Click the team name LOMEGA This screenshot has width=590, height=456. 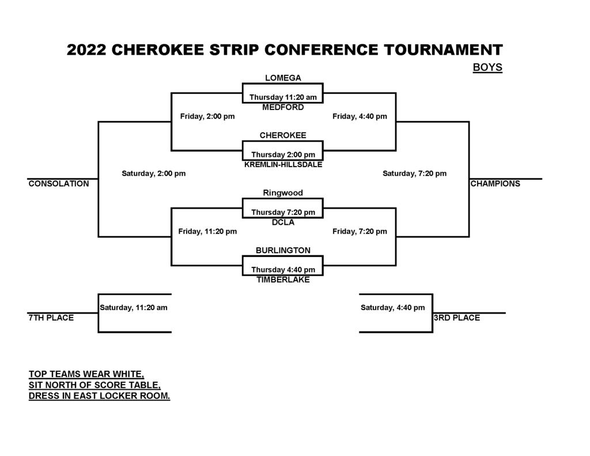click(x=283, y=78)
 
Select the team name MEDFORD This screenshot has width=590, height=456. click(x=283, y=107)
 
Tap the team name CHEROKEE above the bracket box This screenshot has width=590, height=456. click(x=283, y=135)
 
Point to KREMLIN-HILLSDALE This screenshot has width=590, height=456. click(x=283, y=164)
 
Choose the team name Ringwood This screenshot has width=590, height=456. click(x=283, y=193)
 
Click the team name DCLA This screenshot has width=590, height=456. click(x=283, y=222)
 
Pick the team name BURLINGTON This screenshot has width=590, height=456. click(x=283, y=250)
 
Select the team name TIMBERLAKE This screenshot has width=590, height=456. click(x=283, y=280)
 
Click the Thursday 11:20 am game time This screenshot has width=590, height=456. click(x=283, y=97)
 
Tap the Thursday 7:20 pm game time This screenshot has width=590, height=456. click(x=283, y=212)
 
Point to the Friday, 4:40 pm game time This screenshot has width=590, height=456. click(x=360, y=116)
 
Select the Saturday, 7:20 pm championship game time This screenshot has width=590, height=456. click(x=415, y=174)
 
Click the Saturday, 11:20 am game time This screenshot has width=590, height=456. click(x=134, y=308)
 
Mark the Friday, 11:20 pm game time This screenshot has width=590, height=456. click(x=207, y=231)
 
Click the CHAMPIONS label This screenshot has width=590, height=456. click(x=495, y=184)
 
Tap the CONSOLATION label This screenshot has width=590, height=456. click(x=59, y=184)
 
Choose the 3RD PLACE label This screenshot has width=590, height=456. click(x=457, y=318)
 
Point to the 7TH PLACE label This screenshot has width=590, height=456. click(x=51, y=318)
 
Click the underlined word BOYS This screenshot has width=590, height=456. click(x=487, y=67)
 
